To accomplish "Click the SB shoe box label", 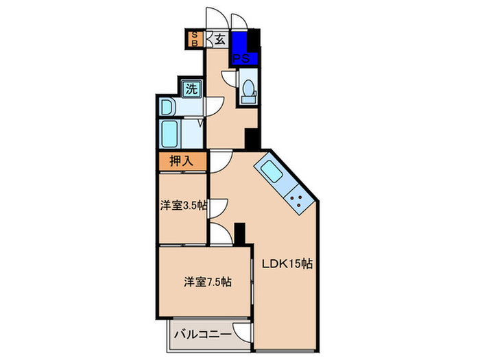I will [194, 38].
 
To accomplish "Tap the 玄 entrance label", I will [221, 39].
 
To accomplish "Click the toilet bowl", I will [248, 90].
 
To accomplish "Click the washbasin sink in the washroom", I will [167, 107].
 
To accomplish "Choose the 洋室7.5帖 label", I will [206, 281].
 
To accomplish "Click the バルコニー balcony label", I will [196, 335].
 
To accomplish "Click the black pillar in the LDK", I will [240, 233].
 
